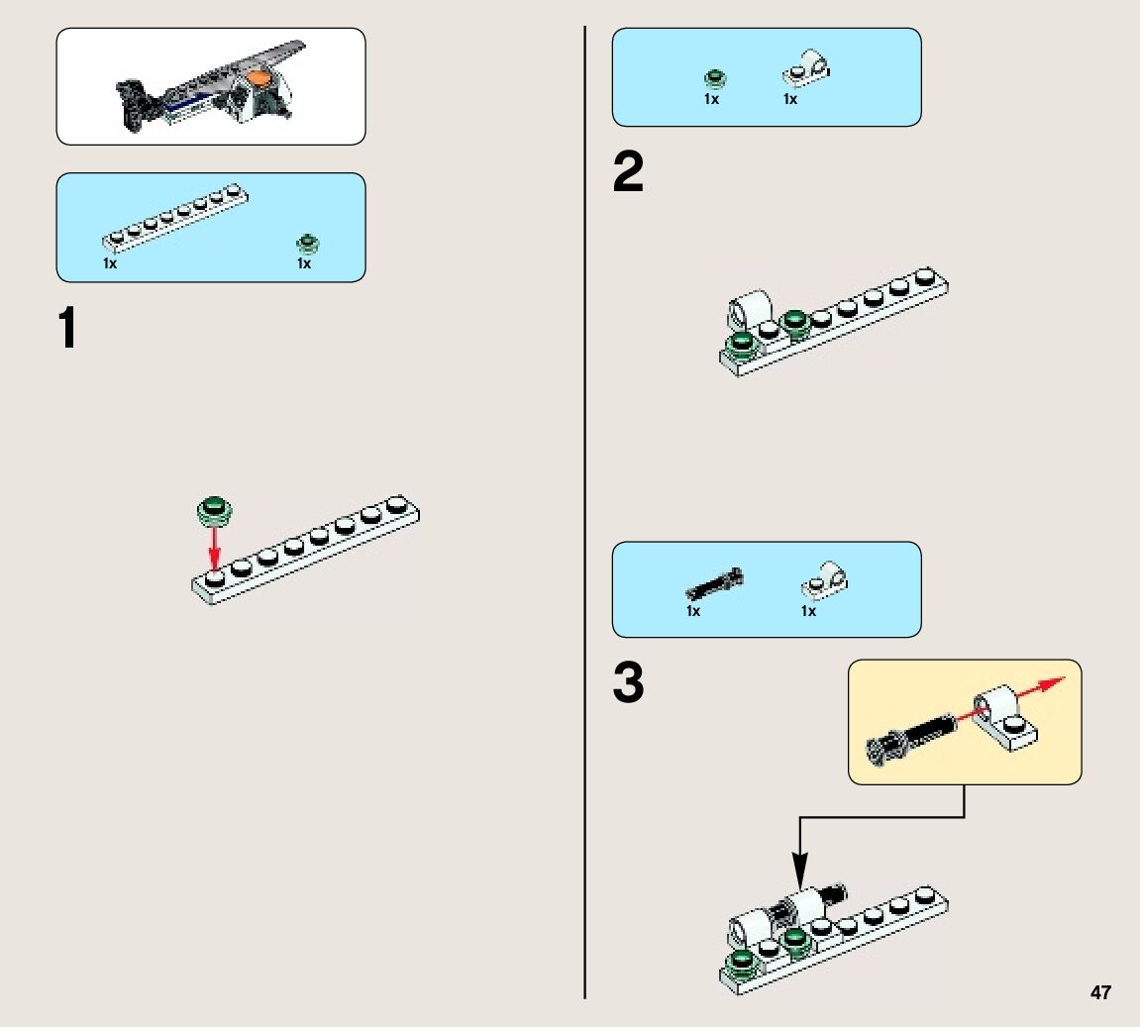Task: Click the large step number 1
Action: click(x=67, y=329)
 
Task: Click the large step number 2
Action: click(x=628, y=174)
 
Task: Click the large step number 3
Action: click(x=628, y=684)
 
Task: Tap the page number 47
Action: click(x=1100, y=992)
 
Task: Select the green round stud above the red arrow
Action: click(x=215, y=510)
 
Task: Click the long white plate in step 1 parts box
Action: click(x=173, y=216)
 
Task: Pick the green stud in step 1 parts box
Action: click(x=307, y=244)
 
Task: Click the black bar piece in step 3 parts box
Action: click(x=714, y=583)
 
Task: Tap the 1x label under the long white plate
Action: click(x=109, y=264)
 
